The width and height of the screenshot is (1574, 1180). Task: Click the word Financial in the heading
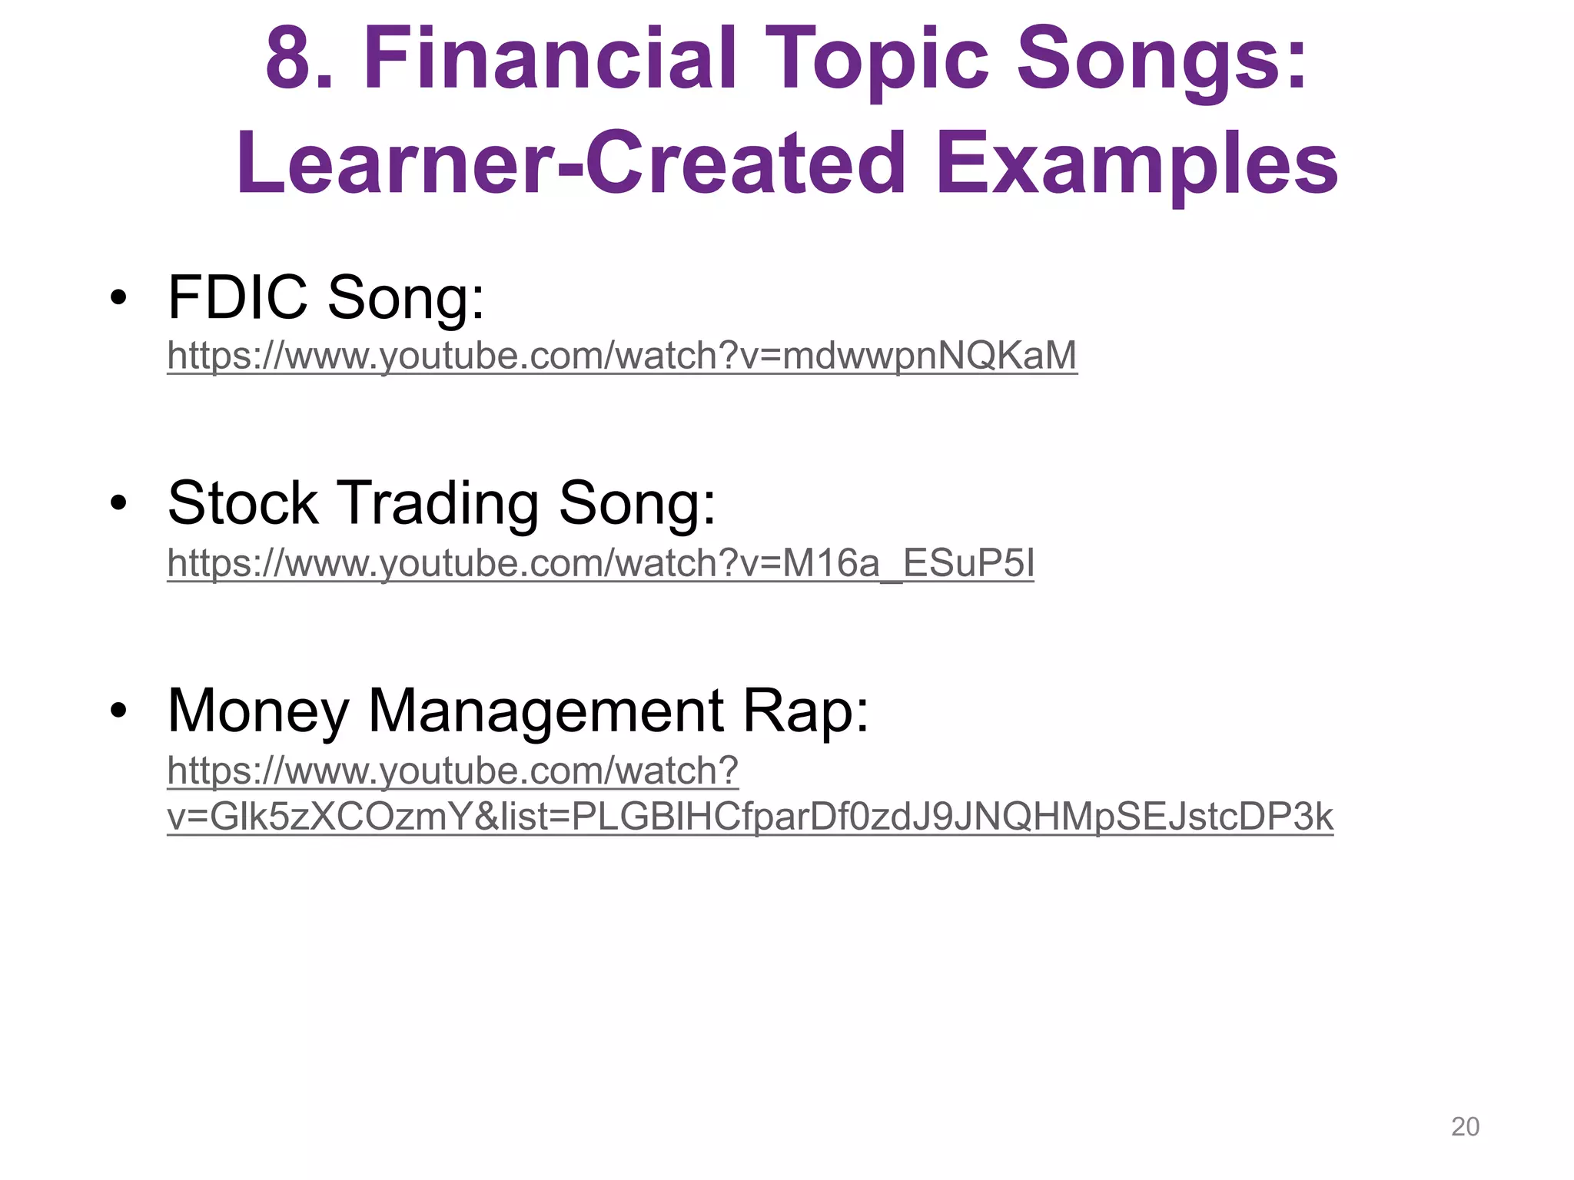[550, 60]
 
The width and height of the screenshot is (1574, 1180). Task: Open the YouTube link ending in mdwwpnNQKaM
[622, 356]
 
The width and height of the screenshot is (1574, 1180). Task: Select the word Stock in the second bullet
[243, 503]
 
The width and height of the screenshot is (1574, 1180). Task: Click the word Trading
[438, 505]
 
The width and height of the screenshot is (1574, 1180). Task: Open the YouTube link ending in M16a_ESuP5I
[600, 563]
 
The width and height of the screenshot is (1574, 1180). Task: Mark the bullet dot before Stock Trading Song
[118, 503]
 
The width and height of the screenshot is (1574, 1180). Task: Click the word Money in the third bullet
[258, 711]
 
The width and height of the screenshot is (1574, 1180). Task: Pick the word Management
[546, 711]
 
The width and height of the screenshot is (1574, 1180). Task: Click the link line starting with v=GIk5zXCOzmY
[749, 817]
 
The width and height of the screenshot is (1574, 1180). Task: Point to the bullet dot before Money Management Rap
[118, 711]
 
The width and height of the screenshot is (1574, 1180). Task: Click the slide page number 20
[1465, 1126]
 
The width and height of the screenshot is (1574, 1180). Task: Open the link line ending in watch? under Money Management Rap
[453, 771]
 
